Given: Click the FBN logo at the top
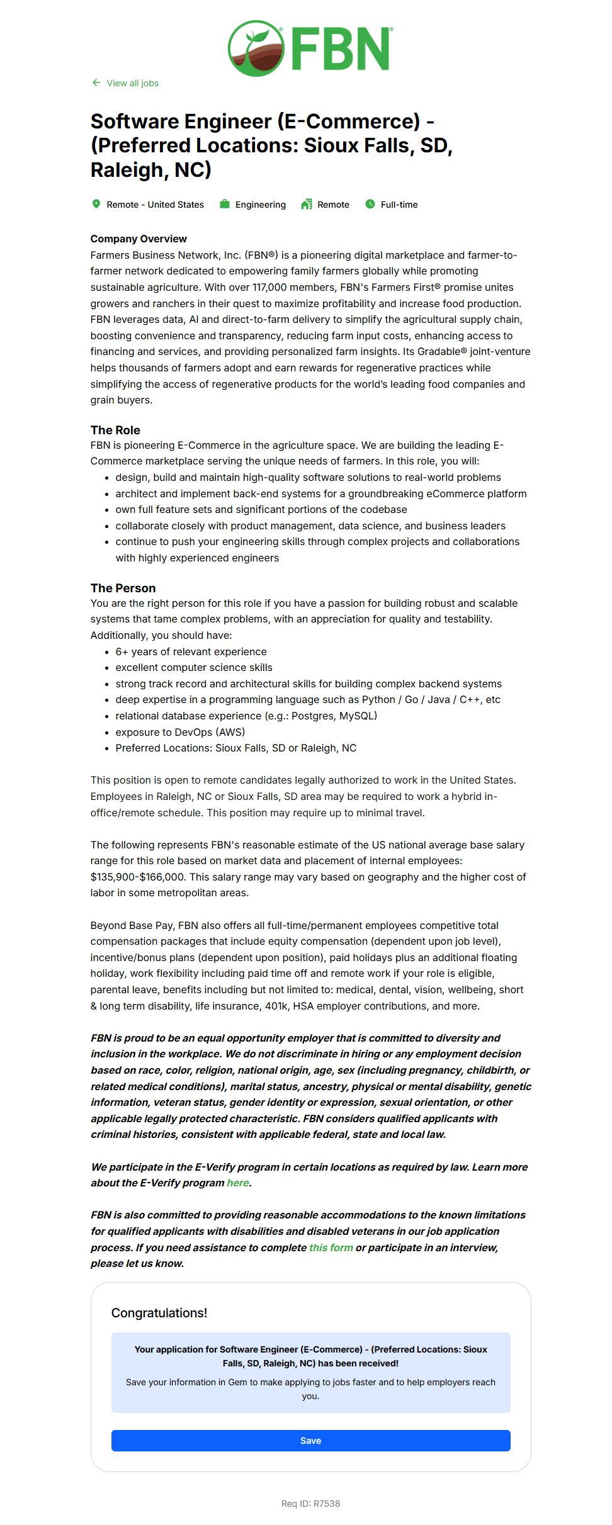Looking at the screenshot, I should click(310, 48).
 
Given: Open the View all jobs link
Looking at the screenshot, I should click(132, 83).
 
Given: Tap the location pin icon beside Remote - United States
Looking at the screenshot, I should click(96, 204).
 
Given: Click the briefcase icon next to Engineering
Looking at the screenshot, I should click(224, 204).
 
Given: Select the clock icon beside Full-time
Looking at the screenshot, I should click(370, 204).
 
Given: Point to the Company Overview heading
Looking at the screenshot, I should click(139, 239).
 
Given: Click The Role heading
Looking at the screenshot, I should click(115, 430).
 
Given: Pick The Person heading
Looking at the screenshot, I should click(123, 588).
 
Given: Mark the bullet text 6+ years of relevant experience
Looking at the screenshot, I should click(191, 651).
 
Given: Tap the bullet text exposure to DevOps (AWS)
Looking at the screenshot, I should click(180, 732).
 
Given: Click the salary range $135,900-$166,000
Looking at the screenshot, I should click(137, 877).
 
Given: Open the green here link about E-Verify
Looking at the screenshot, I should click(237, 1183).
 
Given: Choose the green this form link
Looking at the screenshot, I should click(331, 1247).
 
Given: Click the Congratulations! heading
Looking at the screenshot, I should click(159, 1313).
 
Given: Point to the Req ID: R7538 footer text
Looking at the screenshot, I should click(310, 1504).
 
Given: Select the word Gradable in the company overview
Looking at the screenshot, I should click(438, 351).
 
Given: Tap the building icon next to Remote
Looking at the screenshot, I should click(307, 204).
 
